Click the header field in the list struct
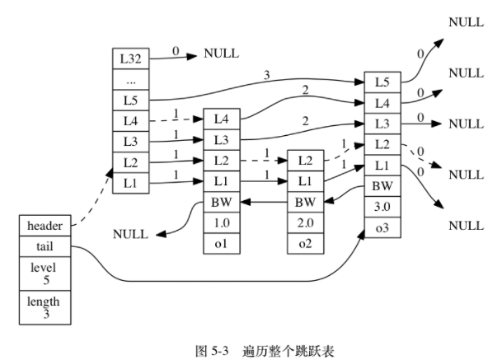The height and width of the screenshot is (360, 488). [45, 225]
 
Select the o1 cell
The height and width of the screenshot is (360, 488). [220, 244]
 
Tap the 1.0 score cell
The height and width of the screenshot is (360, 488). [220, 223]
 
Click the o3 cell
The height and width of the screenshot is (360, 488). [382, 225]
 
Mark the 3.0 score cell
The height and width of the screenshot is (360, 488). [382, 205]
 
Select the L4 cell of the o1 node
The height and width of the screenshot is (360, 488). [220, 119]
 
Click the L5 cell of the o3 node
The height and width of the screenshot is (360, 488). [382, 82]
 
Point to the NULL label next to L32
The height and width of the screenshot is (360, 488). [220, 54]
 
